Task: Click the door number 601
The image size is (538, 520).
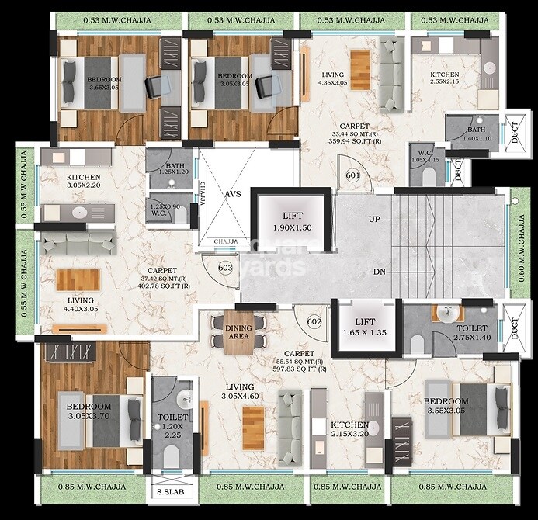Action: (x=353, y=175)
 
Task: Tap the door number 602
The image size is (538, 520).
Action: (x=314, y=321)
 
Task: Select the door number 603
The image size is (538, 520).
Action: (x=226, y=268)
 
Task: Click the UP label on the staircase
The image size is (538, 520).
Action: (x=374, y=220)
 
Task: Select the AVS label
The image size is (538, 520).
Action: (x=234, y=196)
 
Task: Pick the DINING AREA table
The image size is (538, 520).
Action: (x=239, y=334)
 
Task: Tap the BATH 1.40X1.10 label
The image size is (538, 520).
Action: (x=477, y=133)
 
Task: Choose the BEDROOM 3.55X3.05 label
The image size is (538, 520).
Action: (x=445, y=406)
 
